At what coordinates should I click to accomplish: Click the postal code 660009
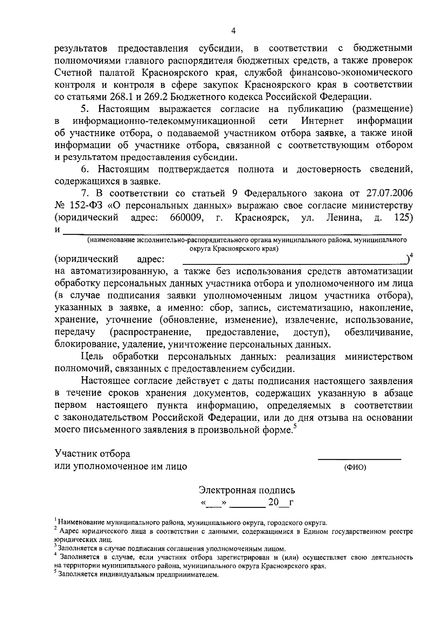[187, 218]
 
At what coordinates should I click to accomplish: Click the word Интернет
[322, 121]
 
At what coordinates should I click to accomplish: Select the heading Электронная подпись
[247, 490]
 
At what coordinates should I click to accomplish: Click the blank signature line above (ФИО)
[360, 458]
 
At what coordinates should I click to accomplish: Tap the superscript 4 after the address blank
[411, 255]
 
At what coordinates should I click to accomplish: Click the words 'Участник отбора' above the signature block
[92, 453]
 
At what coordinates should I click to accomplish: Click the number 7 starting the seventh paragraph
[84, 193]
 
